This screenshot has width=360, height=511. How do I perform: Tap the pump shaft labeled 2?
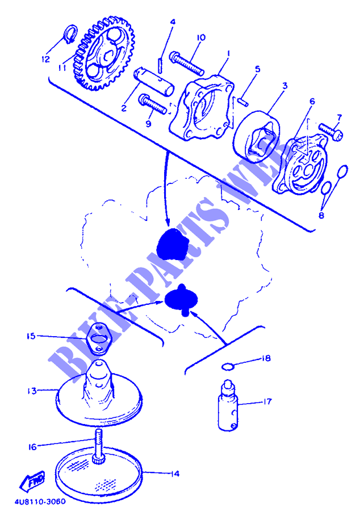coord(153,81)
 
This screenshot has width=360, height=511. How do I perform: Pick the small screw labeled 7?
coord(330,132)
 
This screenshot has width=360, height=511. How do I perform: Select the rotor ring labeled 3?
coord(257,137)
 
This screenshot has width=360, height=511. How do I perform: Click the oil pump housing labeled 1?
coord(202,108)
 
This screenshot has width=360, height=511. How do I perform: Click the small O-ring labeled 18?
coord(228,367)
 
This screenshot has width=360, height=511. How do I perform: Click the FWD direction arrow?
coord(32,481)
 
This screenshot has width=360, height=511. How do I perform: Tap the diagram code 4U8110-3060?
coord(40,502)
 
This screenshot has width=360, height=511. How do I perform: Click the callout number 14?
coord(175,474)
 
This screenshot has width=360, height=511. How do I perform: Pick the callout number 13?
coord(32,391)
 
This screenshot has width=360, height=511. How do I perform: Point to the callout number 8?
coord(321,215)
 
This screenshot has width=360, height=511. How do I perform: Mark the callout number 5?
coord(257,69)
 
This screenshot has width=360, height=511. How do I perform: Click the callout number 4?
coord(173,22)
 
